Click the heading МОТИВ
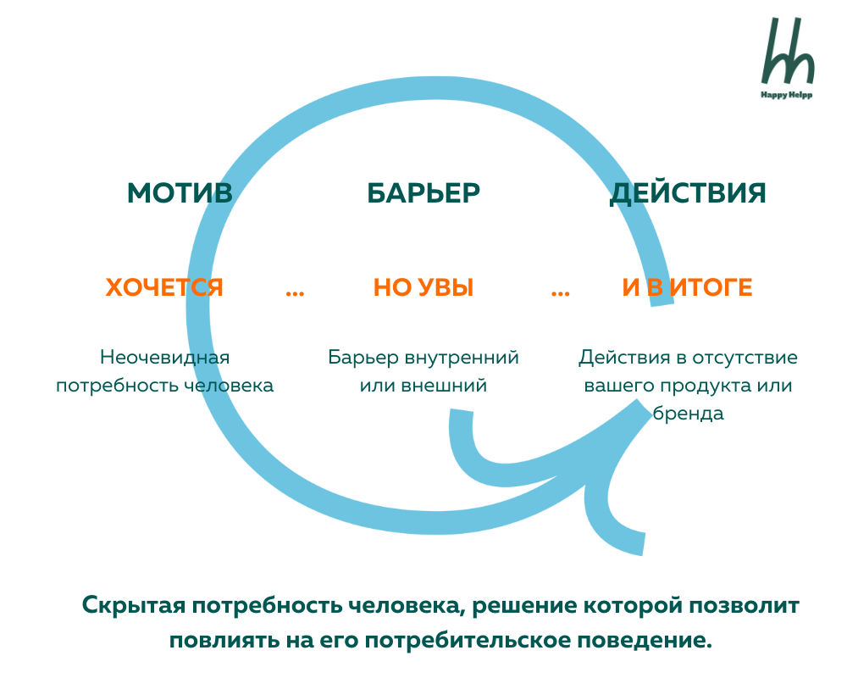click(x=180, y=193)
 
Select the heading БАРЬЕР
click(x=423, y=193)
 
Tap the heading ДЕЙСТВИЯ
click(x=688, y=193)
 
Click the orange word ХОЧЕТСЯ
click(x=164, y=288)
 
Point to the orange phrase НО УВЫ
click(x=423, y=288)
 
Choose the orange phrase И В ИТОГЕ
click(x=687, y=288)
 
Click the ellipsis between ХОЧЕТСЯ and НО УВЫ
click(x=295, y=292)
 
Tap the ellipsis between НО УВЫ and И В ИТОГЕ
click(x=560, y=292)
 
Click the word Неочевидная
click(x=164, y=357)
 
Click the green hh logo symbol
click(x=788, y=51)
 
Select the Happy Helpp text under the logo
click(x=788, y=95)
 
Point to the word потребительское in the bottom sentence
click(x=469, y=639)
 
